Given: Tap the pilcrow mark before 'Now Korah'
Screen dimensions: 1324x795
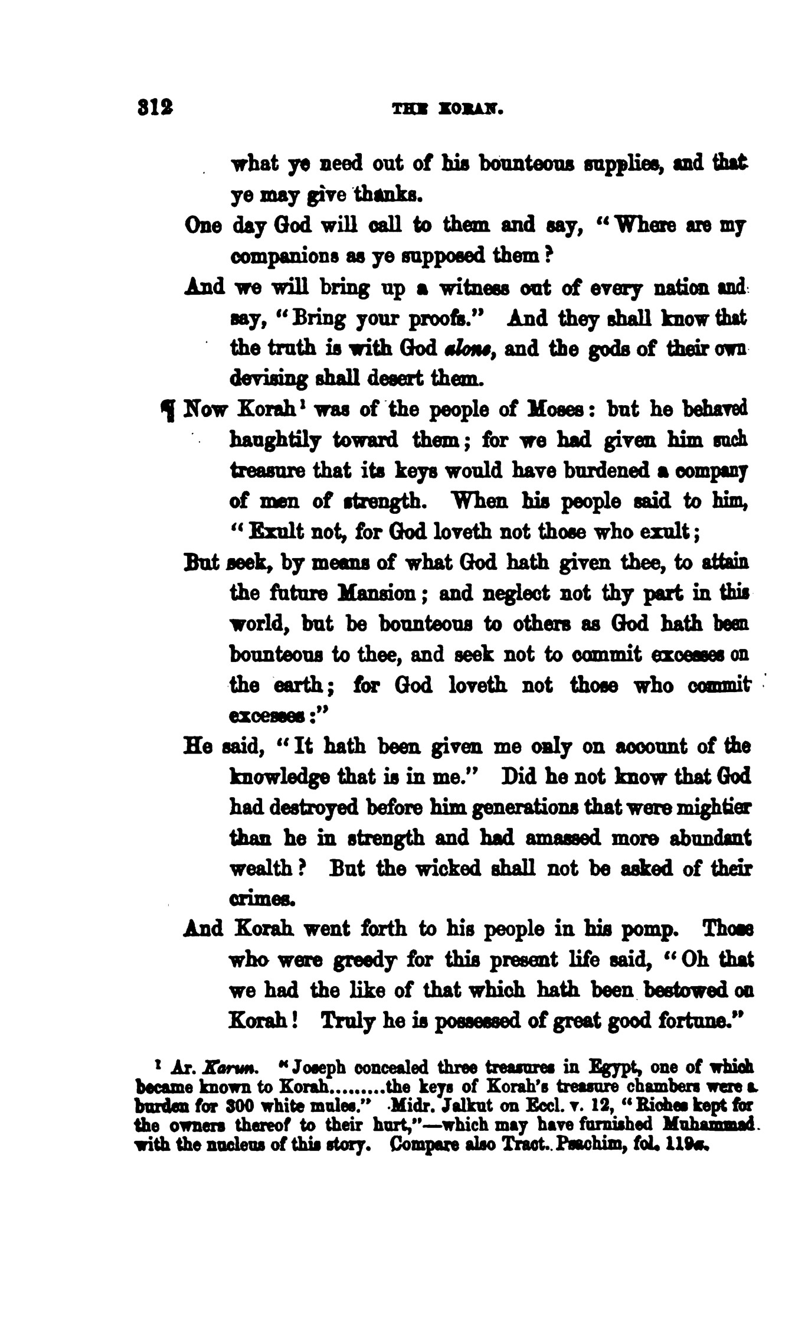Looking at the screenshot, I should click(x=169, y=409).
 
